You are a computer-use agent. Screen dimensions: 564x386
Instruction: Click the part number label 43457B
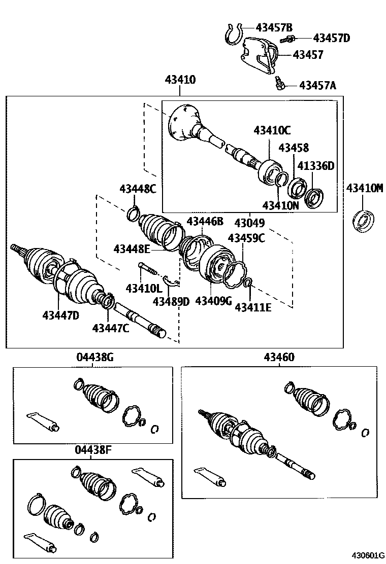click(274, 27)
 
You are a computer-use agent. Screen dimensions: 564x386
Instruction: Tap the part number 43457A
click(317, 85)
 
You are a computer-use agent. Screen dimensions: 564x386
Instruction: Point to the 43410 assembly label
click(180, 80)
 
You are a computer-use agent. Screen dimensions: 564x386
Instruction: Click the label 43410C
click(272, 130)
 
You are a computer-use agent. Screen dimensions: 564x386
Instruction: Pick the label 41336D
click(316, 166)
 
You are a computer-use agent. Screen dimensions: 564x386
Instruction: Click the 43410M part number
click(364, 188)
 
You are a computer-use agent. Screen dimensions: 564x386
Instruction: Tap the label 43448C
click(138, 189)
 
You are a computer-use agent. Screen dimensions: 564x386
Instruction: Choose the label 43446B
click(205, 221)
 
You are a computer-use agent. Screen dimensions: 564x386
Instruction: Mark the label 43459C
click(246, 237)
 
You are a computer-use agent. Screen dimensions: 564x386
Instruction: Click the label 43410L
click(144, 289)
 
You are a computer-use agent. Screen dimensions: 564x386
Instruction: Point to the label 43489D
click(171, 301)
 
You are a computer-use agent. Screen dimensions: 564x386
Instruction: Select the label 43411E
click(252, 306)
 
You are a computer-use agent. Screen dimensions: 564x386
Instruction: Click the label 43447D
click(60, 315)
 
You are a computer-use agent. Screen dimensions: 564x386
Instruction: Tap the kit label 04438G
click(94, 358)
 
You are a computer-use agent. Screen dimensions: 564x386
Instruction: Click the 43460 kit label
click(279, 358)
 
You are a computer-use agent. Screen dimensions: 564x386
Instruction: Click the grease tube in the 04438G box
click(43, 421)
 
